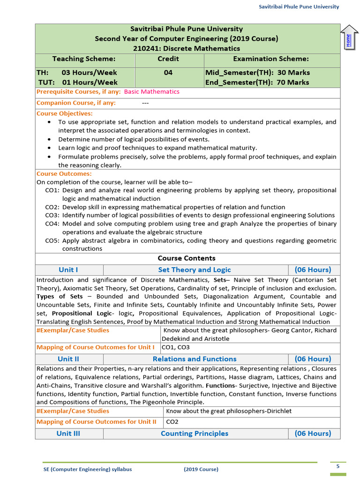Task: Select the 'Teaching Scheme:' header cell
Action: point(84,59)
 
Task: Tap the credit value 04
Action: point(168,73)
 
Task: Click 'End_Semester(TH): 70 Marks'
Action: point(257,82)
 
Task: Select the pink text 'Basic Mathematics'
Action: point(151,92)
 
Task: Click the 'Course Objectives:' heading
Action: point(65,113)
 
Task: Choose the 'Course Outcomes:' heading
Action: point(64,174)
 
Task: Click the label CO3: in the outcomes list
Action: point(52,216)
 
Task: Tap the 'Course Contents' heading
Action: point(187,258)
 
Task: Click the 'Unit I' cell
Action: point(68,270)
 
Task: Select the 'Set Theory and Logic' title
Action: point(195,270)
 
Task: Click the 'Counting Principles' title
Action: point(195,434)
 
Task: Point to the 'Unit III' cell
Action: point(68,434)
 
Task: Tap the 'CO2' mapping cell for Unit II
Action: point(172,422)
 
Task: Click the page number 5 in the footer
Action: point(338,466)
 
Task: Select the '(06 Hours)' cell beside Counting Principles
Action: point(313,434)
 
